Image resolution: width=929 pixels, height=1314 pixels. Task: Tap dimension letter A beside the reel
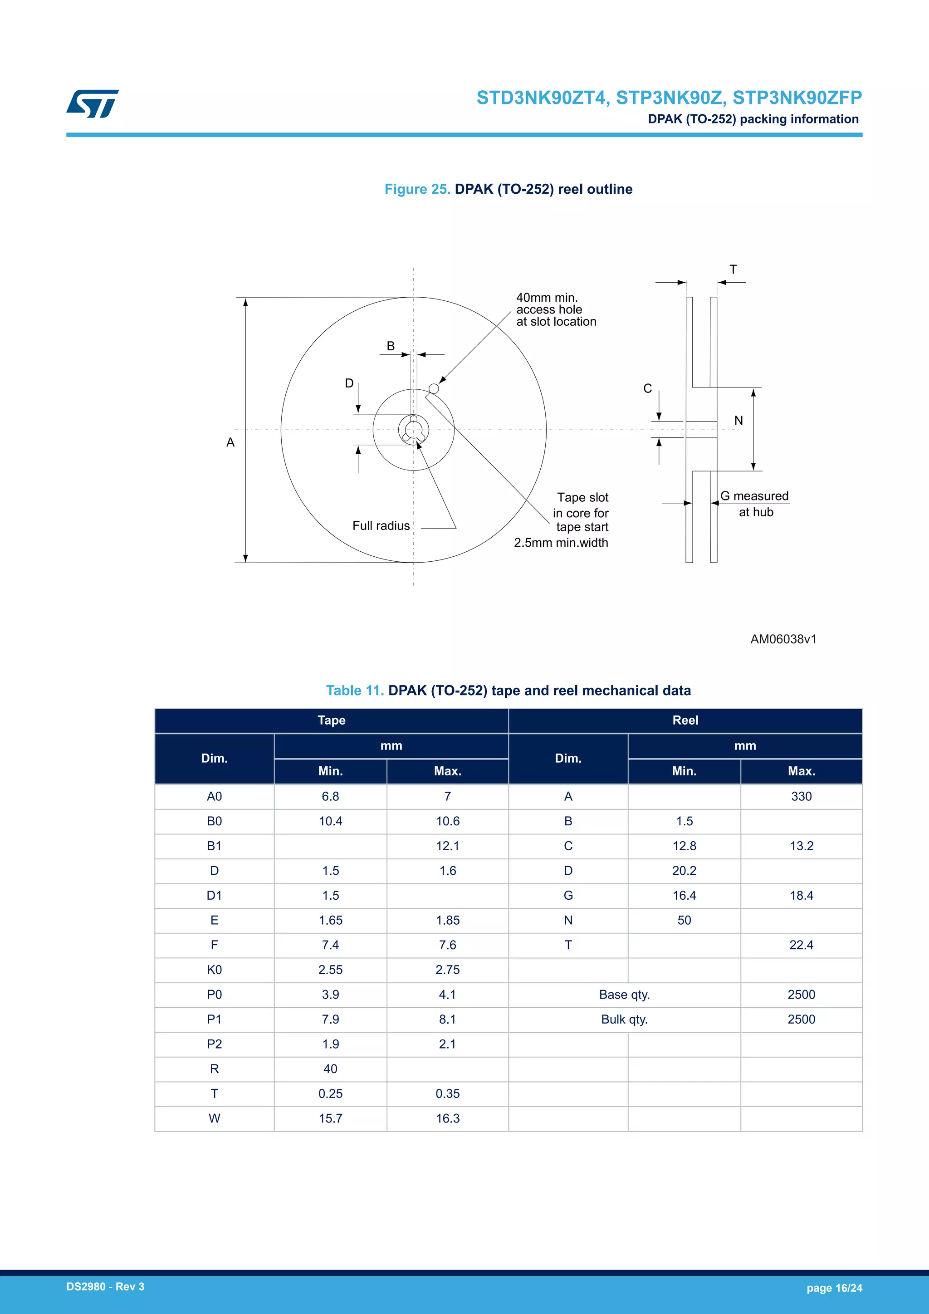click(230, 442)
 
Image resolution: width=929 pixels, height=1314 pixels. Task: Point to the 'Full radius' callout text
click(381, 525)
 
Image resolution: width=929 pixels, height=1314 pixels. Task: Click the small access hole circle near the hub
click(434, 388)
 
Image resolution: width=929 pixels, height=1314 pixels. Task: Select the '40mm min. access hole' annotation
click(556, 309)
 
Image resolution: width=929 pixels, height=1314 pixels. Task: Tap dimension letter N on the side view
click(738, 421)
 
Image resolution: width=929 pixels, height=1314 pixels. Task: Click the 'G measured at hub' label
click(755, 504)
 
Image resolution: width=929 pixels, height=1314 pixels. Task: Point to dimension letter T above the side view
click(733, 270)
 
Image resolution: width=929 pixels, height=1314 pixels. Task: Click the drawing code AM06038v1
click(783, 639)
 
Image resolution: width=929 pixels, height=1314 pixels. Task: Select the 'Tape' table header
click(331, 721)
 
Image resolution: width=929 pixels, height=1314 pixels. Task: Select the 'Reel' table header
click(685, 721)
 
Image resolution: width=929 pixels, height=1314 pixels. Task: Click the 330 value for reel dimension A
click(801, 797)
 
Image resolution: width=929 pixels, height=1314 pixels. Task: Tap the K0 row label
click(214, 970)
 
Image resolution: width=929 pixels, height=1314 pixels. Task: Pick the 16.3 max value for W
click(447, 1118)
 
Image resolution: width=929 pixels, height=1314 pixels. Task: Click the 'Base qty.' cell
click(624, 995)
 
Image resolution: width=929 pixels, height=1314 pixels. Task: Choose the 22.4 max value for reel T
click(801, 945)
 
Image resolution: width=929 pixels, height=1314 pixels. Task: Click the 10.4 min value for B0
click(330, 821)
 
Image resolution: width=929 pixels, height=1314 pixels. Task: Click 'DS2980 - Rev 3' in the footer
click(105, 1286)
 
